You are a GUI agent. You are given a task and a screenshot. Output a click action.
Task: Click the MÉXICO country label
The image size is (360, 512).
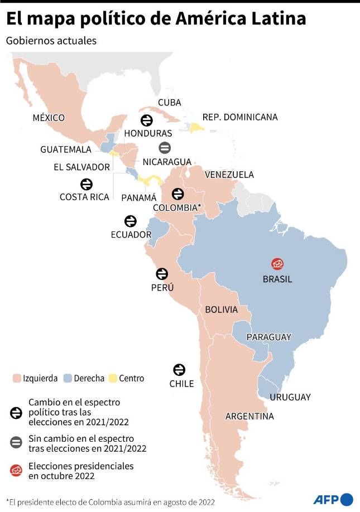pos(49,118)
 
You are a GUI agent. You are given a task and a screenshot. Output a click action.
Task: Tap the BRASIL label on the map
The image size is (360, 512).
pos(277,279)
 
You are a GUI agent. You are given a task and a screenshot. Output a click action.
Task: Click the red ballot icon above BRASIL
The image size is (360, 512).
pos(277,264)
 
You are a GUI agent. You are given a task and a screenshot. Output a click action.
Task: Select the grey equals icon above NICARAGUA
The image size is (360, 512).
pos(165,148)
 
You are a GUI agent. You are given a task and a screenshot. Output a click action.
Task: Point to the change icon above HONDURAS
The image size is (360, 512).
pos(147,120)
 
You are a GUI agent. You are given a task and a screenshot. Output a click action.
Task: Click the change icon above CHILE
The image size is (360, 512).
pos(179,369)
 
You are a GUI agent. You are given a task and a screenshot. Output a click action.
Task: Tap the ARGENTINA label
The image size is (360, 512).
pos(249,416)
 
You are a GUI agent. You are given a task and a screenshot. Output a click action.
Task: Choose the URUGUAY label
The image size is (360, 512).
pos(290,397)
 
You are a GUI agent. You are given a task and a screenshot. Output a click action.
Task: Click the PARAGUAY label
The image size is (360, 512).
pos(268,337)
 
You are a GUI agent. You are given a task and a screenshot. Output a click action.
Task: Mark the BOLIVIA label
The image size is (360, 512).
pos(221,310)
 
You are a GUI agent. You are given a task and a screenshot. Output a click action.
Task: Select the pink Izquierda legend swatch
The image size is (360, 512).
pos(16,378)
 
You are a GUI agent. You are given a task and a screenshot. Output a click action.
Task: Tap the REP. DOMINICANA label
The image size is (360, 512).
pos(239,117)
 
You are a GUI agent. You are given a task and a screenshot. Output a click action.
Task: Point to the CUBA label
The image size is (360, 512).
pos(169,102)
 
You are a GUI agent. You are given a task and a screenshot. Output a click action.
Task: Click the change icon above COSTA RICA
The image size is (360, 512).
pos(87,183)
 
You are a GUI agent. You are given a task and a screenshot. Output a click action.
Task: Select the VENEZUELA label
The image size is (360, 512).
pos(229,175)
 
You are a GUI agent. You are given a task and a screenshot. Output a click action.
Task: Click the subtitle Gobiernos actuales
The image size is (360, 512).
pos(51,41)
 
